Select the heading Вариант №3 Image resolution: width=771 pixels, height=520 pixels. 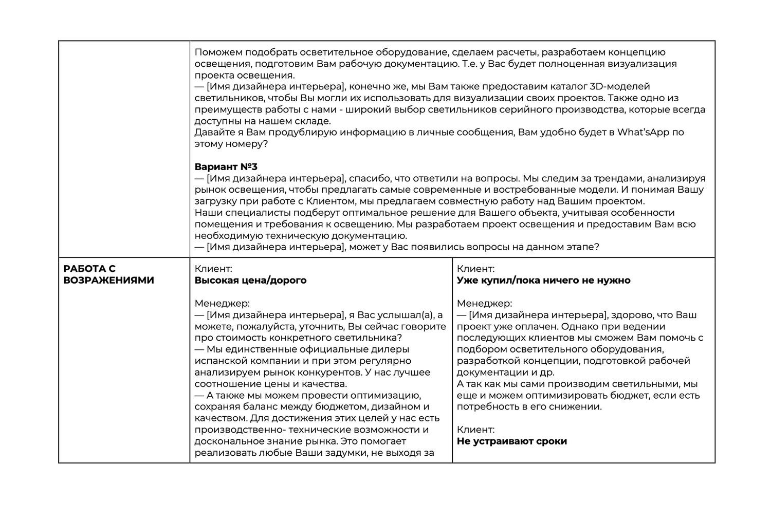(226, 167)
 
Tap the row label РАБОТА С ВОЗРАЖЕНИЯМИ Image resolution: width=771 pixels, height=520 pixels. (108, 274)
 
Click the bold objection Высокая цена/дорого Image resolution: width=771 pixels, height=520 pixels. (250, 280)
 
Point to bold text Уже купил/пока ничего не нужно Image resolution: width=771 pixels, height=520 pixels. (543, 280)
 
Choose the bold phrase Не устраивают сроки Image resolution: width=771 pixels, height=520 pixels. (511, 441)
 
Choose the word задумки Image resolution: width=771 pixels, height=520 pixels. (340, 453)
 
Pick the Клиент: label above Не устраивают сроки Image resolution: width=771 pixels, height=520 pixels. (475, 430)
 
